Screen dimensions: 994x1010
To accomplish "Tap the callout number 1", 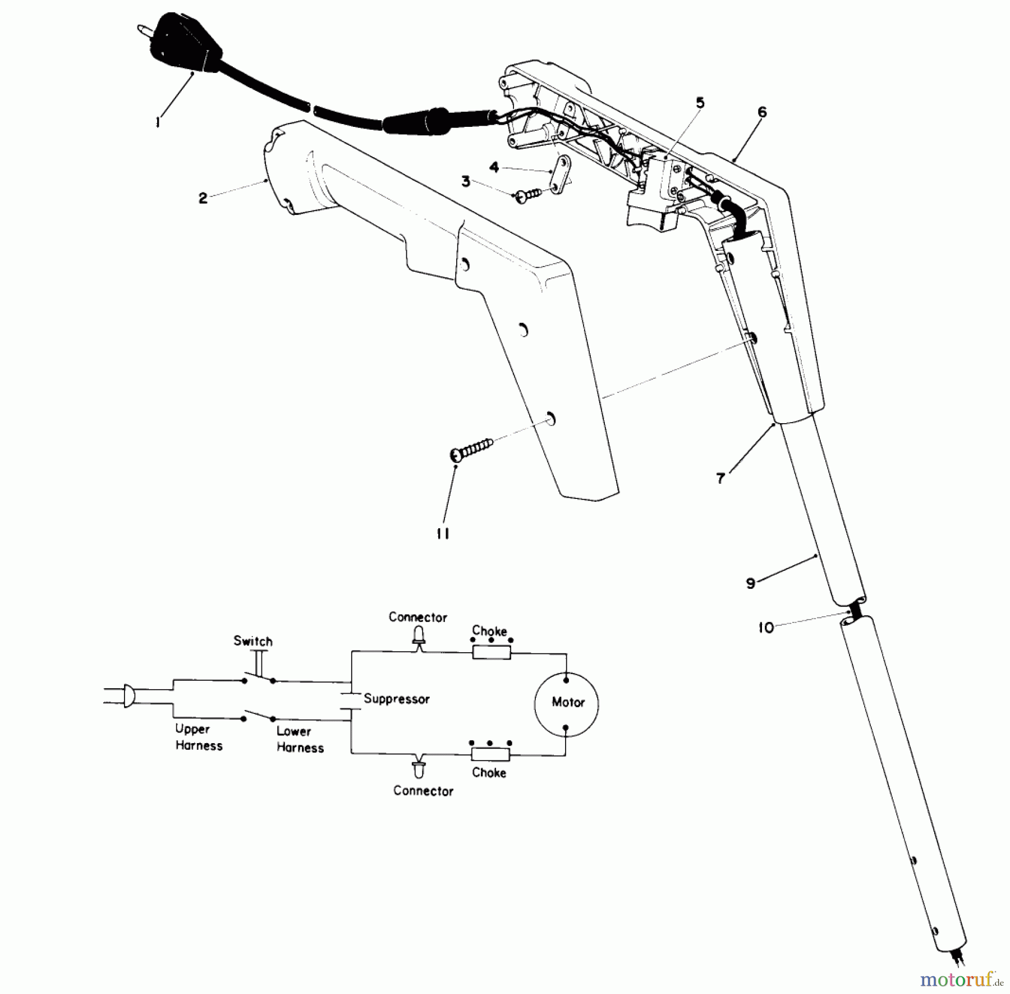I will [x=158, y=122].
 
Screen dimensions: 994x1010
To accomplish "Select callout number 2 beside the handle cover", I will [x=203, y=198].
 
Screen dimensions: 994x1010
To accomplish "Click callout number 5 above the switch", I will [x=700, y=103].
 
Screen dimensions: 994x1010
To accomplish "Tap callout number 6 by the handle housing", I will [x=761, y=112].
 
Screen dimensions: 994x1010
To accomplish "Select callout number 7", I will [x=721, y=478].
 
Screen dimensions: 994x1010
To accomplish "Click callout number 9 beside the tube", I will [x=751, y=583].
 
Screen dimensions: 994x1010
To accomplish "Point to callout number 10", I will [x=766, y=627].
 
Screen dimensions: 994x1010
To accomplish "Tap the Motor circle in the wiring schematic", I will [x=566, y=702].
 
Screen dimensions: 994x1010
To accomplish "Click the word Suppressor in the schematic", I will [x=396, y=699].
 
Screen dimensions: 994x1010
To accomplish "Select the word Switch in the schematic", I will [x=253, y=641].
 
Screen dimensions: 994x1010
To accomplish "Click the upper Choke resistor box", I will [x=491, y=652].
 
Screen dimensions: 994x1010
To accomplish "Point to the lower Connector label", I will [x=423, y=791].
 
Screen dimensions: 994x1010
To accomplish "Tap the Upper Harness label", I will [x=199, y=738].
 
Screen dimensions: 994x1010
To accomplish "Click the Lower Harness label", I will [x=300, y=739].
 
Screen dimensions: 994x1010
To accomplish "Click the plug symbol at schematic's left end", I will [x=128, y=696].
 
